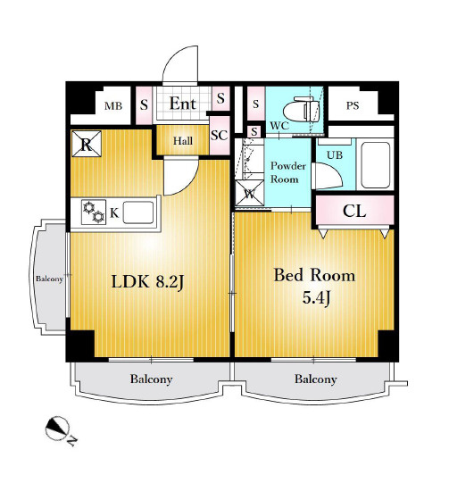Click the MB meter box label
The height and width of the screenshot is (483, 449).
pos(113,106)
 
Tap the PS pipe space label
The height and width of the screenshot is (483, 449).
pos(353,105)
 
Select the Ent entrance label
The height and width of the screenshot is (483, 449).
pos(183,104)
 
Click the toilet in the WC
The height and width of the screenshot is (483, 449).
pos(301,109)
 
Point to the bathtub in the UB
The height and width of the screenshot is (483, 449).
pos(376,165)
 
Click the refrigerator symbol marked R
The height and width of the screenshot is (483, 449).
pos(87,144)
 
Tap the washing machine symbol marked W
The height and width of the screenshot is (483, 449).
pos(249,193)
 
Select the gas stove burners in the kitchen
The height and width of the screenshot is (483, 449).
pos(94,212)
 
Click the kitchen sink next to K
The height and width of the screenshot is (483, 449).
pos(138,212)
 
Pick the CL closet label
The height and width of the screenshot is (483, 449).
pos(354,212)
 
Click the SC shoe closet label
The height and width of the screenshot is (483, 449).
pos(220,135)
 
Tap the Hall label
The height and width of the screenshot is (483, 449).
pos(183,141)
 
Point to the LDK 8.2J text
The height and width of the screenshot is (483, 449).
pos(147,281)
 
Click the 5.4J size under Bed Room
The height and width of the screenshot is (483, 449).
pos(316,297)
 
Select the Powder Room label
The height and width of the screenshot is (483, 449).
pos(287,172)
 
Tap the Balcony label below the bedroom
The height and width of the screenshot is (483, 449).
pos(315,379)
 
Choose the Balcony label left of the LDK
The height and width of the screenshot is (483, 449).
pos(49,279)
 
